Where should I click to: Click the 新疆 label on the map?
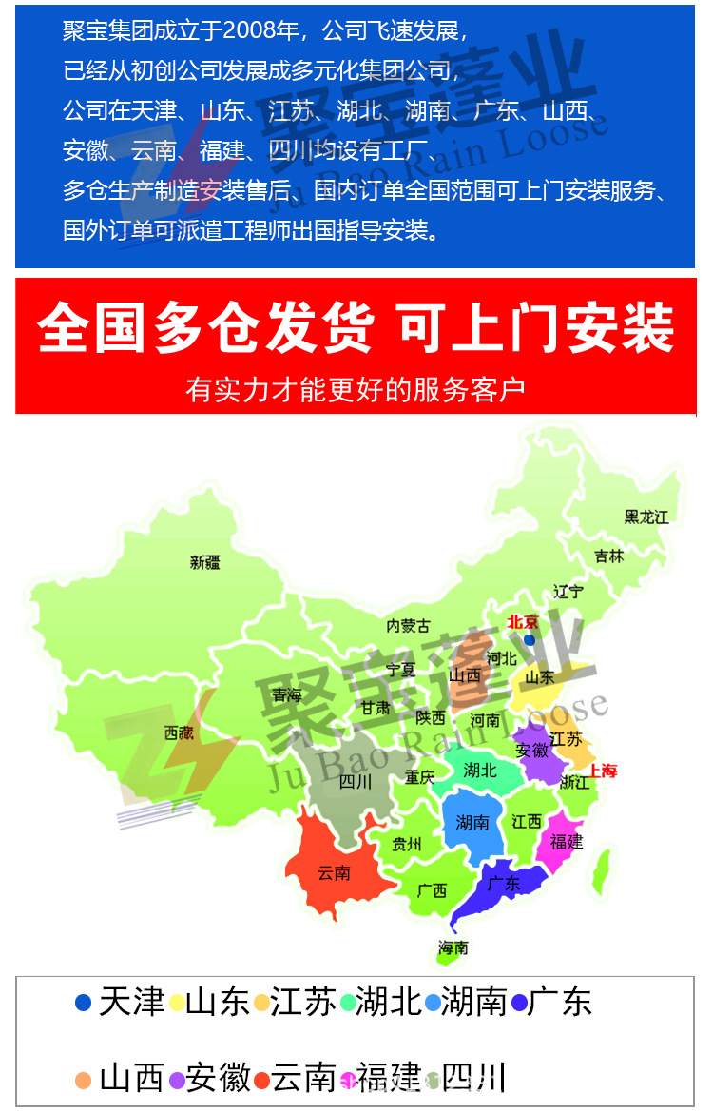204,562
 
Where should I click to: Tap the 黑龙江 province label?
646,517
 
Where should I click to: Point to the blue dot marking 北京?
530,639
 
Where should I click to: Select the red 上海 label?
603,771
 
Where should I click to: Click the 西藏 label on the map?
179,732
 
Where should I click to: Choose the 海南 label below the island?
453,947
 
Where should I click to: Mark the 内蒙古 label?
408,626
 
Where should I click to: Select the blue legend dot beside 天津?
84,1003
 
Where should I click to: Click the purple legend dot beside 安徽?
176,1081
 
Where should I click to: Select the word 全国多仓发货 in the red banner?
204,329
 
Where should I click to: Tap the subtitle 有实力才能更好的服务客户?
356,389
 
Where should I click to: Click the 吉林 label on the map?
609,556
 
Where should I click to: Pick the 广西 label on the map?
432,891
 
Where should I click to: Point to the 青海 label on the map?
287,695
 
